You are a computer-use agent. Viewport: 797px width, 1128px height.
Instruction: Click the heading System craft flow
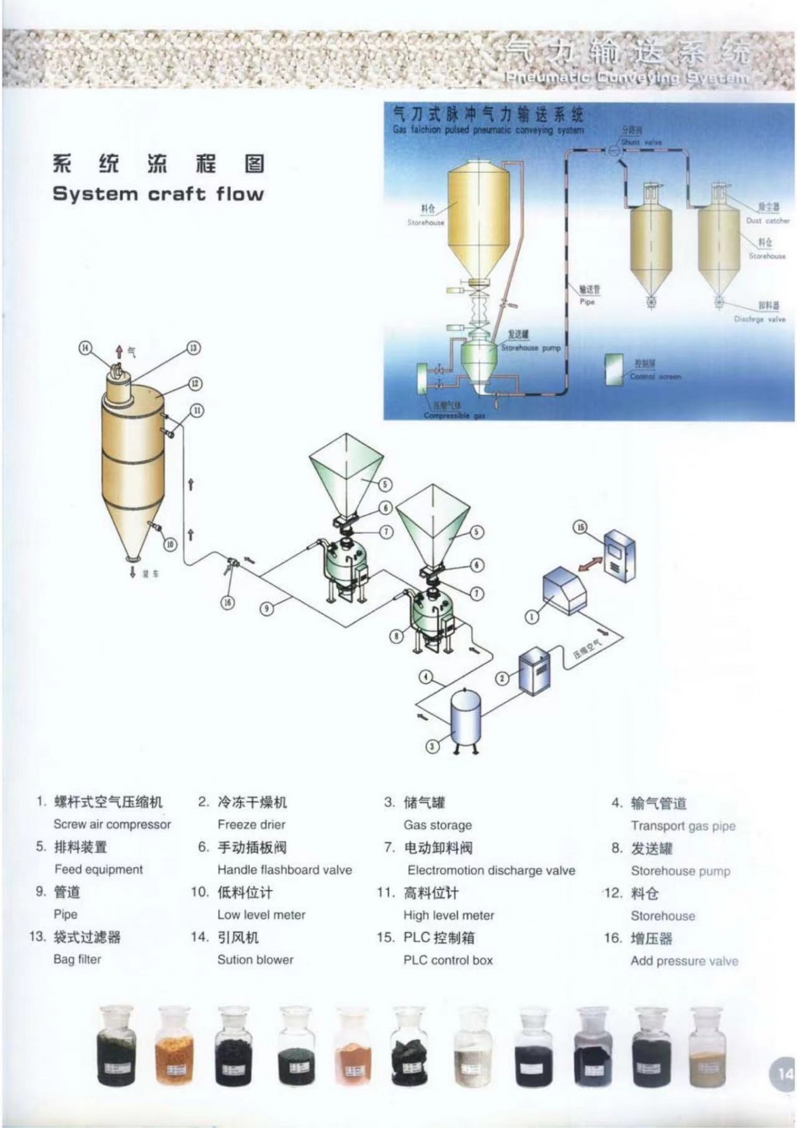(x=158, y=194)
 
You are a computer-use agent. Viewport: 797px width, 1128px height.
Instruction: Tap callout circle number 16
(x=228, y=602)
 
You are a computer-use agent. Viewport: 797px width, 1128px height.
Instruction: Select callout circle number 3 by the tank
(x=432, y=746)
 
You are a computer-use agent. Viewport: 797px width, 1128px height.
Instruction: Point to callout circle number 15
(x=580, y=527)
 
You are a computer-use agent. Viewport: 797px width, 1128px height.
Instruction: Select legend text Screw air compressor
(x=112, y=824)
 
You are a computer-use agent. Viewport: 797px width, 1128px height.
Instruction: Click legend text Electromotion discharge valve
(x=491, y=870)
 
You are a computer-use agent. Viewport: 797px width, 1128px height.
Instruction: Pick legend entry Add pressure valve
(x=684, y=960)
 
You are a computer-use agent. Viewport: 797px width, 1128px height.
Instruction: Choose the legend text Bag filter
(x=78, y=959)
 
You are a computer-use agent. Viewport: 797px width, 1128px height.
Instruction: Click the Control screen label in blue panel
(x=655, y=376)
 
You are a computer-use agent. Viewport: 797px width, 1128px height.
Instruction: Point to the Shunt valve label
(x=641, y=142)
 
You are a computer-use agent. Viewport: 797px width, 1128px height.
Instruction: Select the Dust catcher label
(x=768, y=221)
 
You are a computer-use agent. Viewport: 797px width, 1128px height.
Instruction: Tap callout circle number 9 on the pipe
(x=266, y=608)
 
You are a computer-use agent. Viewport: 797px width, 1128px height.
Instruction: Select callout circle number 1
(x=532, y=618)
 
